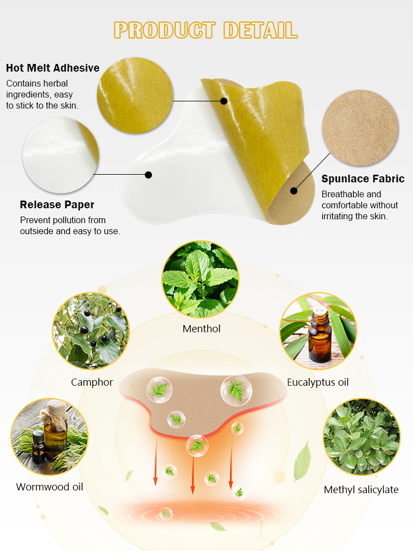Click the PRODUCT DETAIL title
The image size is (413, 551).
tap(206, 30)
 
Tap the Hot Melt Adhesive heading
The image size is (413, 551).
tap(53, 68)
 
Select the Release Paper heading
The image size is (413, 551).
tap(57, 205)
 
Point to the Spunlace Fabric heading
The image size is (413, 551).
tap(363, 179)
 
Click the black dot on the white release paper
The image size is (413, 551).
tap(148, 175)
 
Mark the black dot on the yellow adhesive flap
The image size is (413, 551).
tap(224, 101)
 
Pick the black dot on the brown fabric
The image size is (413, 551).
tap(294, 191)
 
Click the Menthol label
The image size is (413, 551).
tap(202, 329)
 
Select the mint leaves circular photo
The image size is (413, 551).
tap(201, 279)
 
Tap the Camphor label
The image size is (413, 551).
tap(92, 382)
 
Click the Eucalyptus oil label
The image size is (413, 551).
tap(318, 382)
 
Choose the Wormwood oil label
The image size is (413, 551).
tap(50, 487)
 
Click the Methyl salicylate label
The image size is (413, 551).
tap(361, 490)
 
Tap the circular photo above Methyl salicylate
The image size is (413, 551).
tap(361, 437)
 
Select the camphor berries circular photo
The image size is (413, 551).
tap(91, 331)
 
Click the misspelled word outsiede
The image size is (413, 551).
tap(40, 231)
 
